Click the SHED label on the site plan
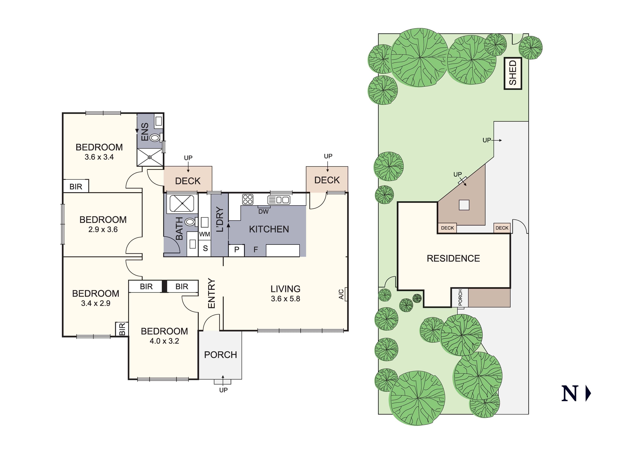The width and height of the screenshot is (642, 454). [x=513, y=73]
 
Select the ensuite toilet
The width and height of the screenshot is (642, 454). [x=155, y=137]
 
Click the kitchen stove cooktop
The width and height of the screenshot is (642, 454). [x=248, y=199]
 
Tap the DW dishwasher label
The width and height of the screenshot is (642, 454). [x=263, y=212]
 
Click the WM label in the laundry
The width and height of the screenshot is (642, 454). [x=205, y=234]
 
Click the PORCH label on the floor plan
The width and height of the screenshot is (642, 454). [x=220, y=355]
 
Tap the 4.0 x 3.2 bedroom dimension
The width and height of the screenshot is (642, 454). [x=164, y=341]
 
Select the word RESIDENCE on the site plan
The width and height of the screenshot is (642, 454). [x=453, y=258]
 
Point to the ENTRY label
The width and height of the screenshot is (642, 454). [x=212, y=293]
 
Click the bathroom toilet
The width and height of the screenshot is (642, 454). [x=190, y=222]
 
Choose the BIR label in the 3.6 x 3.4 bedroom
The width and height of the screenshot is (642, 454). [x=76, y=187]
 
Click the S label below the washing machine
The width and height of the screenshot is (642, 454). [x=205, y=248]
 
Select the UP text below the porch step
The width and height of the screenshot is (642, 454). [x=223, y=390]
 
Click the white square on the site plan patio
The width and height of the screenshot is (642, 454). [x=464, y=205]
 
